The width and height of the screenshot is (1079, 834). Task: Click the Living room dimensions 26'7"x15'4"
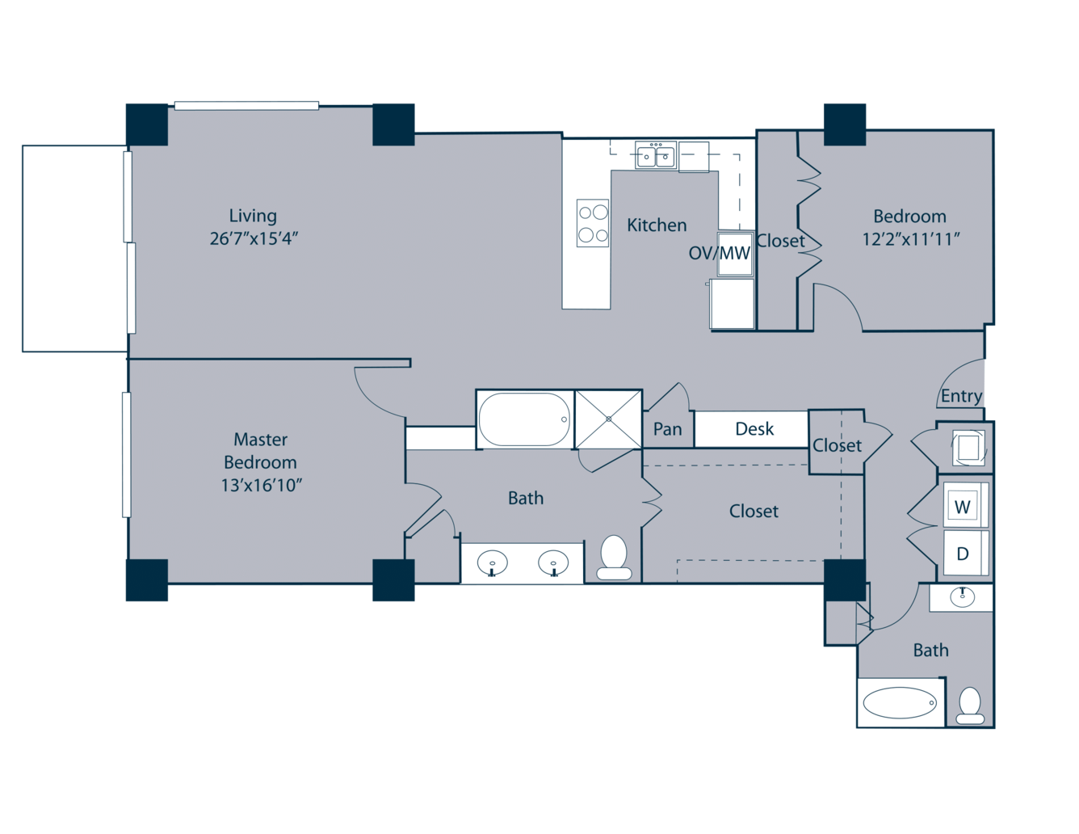click(x=254, y=239)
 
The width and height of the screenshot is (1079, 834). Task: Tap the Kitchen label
click(x=657, y=225)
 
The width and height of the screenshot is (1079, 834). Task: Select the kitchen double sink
click(x=656, y=155)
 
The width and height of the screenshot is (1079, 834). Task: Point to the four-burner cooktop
click(x=593, y=223)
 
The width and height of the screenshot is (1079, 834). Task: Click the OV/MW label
click(x=719, y=253)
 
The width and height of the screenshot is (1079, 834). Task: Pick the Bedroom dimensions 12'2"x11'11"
click(x=910, y=240)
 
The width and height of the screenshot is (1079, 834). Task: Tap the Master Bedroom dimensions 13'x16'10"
click(x=261, y=486)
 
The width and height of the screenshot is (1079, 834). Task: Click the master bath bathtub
click(x=524, y=419)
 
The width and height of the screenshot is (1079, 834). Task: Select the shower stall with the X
click(x=608, y=419)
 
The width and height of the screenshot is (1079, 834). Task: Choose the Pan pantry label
click(x=667, y=429)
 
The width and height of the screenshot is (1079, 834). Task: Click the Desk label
click(x=754, y=428)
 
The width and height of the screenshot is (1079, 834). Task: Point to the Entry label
click(x=961, y=396)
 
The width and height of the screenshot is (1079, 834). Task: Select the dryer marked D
click(x=963, y=554)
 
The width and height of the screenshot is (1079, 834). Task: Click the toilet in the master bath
click(x=614, y=558)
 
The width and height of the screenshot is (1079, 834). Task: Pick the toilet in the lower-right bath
click(x=970, y=706)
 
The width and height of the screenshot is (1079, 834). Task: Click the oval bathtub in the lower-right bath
click(x=900, y=703)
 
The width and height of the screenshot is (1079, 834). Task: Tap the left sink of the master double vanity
click(x=492, y=563)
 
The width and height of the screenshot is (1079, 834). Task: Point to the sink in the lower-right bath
click(x=963, y=597)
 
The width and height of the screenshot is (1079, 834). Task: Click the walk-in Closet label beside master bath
click(x=754, y=511)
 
